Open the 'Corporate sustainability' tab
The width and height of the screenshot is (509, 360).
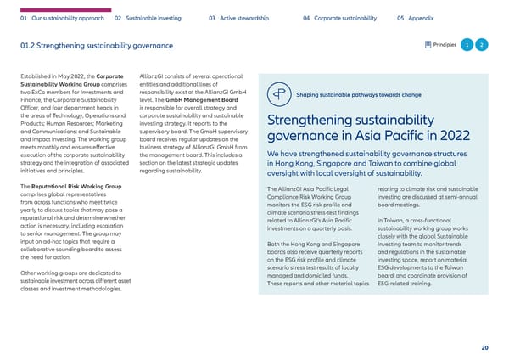tap(339, 16)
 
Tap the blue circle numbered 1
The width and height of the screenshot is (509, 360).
tap(467, 45)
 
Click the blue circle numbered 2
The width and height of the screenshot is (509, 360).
tap(481, 45)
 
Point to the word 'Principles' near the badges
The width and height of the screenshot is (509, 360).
tap(444, 45)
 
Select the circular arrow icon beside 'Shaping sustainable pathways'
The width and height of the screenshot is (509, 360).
tap(277, 94)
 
